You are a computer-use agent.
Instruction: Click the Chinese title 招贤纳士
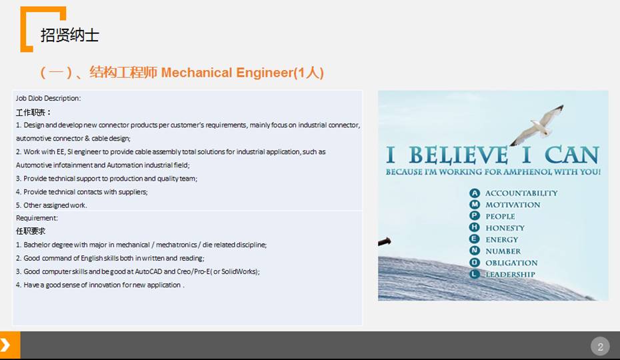point(69,35)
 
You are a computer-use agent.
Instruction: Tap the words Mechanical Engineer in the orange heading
point(227,73)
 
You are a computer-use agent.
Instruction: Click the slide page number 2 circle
point(600,347)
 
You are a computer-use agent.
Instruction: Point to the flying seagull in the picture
point(537,125)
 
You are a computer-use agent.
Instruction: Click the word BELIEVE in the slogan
point(458,155)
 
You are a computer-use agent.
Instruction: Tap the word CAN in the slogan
point(572,155)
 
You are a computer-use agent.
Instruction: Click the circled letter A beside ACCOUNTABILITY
point(475,193)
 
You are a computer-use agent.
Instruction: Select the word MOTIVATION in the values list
point(513,205)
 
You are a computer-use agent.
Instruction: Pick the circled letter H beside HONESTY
point(475,227)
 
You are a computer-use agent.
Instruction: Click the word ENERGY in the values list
point(502,240)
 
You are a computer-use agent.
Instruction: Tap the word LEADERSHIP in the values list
point(510,275)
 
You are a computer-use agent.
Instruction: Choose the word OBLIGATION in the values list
point(511,263)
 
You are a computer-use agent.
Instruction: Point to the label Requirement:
point(37,218)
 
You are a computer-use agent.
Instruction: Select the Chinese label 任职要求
point(31,231)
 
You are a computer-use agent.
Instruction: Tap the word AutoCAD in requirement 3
point(148,272)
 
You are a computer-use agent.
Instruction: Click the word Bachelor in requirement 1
point(37,245)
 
